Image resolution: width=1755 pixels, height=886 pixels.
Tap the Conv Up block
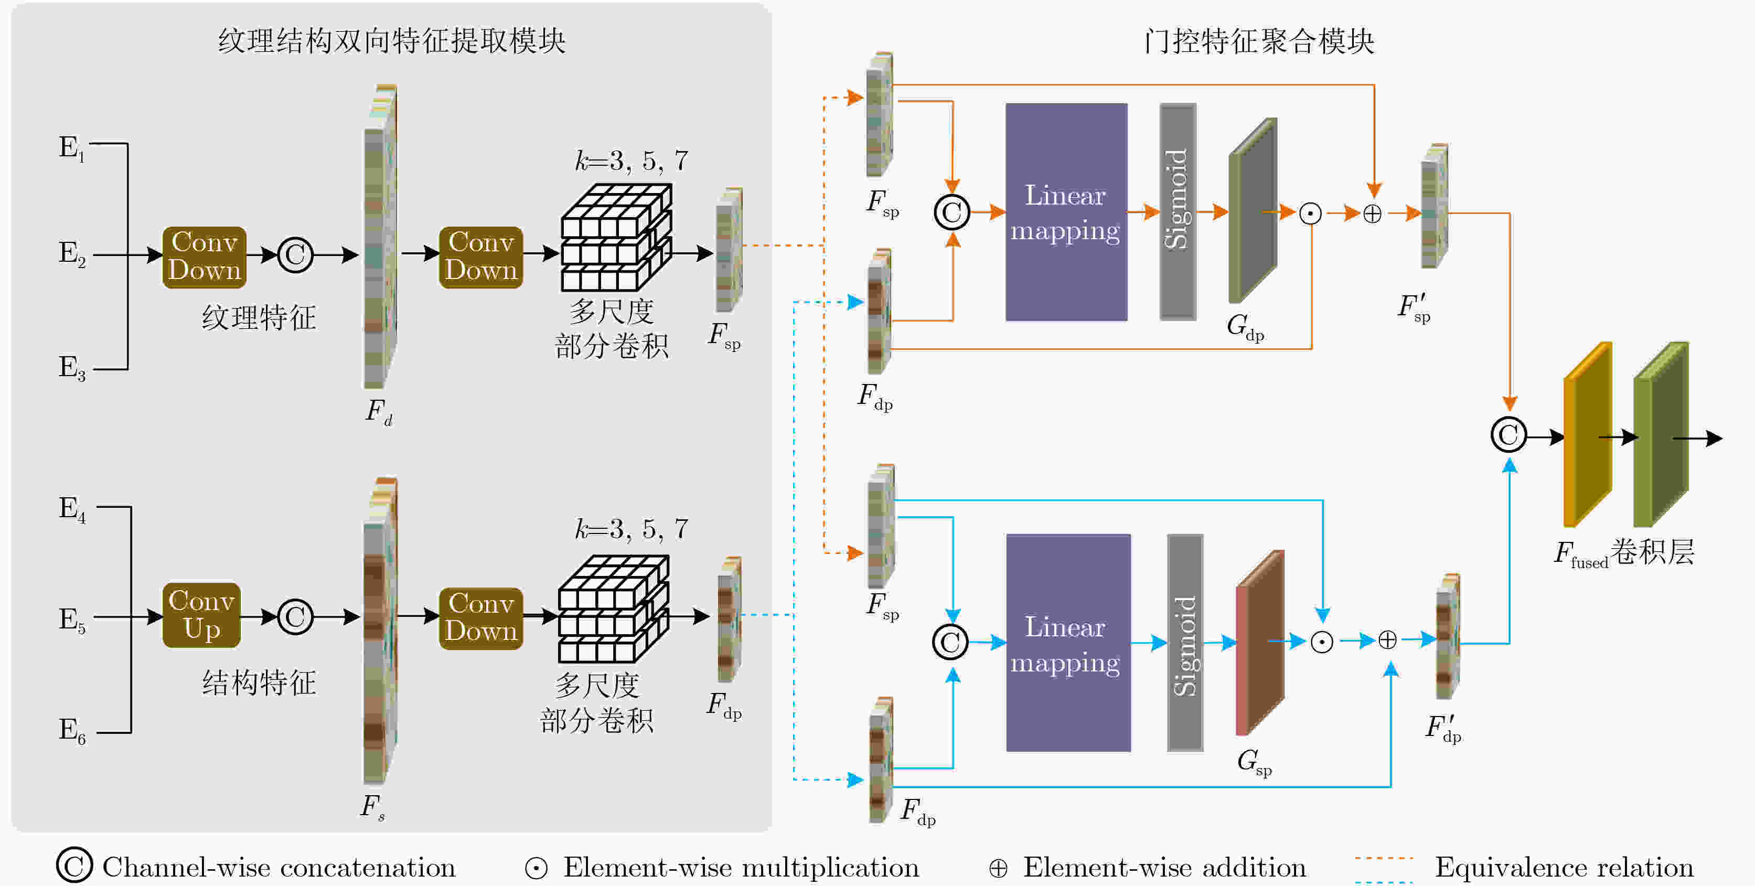click(201, 615)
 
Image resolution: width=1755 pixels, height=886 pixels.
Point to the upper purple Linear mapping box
click(1066, 212)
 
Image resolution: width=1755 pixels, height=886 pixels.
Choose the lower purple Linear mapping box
click(1067, 643)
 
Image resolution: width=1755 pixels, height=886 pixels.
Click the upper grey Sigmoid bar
click(1178, 211)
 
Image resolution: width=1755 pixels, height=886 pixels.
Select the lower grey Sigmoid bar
click(1185, 643)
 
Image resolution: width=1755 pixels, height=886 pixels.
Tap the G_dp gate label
click(1245, 327)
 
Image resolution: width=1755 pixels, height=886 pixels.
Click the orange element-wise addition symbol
click(1372, 214)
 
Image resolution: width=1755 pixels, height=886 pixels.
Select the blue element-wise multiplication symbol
click(1322, 642)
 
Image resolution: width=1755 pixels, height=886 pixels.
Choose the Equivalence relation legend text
click(1564, 868)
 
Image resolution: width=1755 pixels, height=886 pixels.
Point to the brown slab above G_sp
click(1260, 643)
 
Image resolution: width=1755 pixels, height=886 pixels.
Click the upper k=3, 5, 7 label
click(632, 161)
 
